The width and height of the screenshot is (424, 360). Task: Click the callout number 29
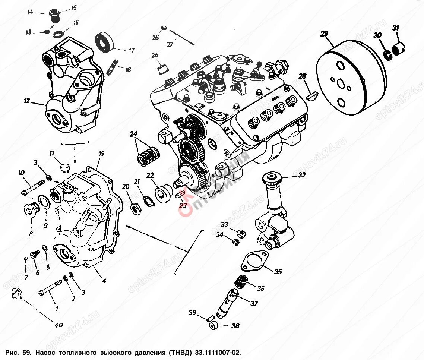coord(324,34)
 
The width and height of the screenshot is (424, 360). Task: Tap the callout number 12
coord(26,101)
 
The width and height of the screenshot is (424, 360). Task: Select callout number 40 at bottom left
coord(58,325)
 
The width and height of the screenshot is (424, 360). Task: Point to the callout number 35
coord(278,272)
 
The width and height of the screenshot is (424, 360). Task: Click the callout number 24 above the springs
coord(134,134)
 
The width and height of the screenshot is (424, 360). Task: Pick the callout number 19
coord(101,153)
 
